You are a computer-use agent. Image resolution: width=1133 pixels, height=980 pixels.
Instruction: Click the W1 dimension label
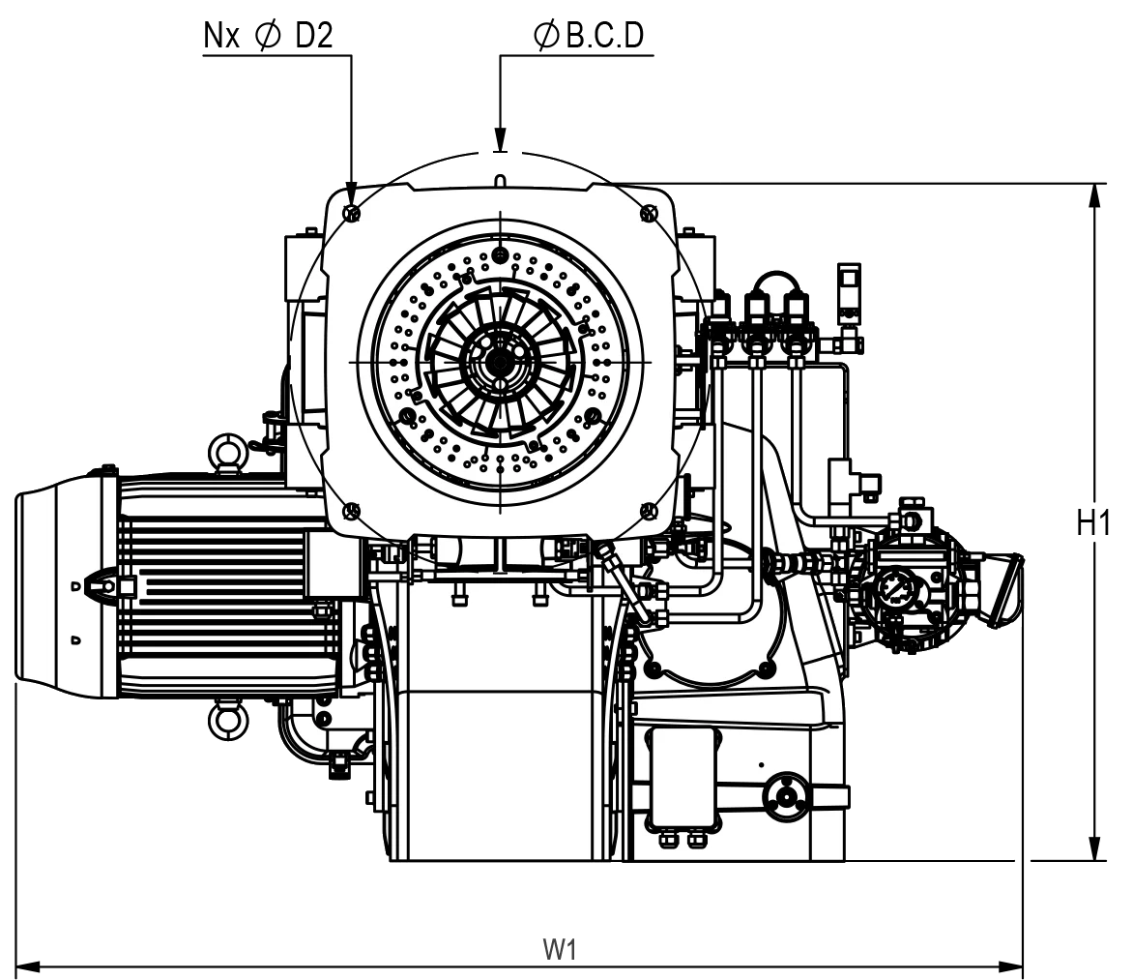tap(560, 949)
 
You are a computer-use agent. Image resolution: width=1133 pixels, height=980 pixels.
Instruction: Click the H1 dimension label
tap(1093, 523)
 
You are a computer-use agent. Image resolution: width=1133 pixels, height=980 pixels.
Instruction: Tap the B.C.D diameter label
tap(590, 36)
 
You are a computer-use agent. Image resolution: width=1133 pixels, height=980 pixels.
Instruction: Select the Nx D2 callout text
tap(269, 36)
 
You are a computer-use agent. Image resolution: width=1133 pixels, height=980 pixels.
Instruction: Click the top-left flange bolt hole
tap(353, 213)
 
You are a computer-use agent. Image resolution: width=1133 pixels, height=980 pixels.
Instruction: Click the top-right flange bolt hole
tap(648, 213)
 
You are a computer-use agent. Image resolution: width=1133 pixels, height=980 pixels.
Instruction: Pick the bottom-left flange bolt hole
tap(353, 511)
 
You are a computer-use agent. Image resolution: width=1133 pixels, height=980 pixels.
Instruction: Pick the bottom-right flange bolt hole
tap(648, 511)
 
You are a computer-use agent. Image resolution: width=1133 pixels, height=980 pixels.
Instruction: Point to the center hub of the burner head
tap(500, 362)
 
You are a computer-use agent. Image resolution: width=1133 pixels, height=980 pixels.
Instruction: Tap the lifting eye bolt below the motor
tap(228, 719)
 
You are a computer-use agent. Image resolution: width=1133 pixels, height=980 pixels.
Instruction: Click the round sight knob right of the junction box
tap(785, 797)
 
